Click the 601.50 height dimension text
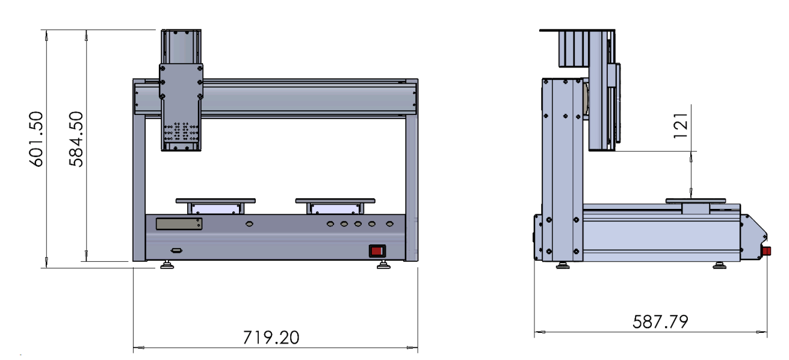click(36, 139)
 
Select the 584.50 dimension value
click(76, 139)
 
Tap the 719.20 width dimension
click(271, 338)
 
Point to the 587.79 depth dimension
click(660, 321)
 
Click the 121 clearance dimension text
click(681, 126)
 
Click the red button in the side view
click(767, 251)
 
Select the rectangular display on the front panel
click(179, 224)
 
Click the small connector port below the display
click(176, 250)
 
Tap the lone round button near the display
click(249, 224)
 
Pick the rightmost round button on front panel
click(389, 224)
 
